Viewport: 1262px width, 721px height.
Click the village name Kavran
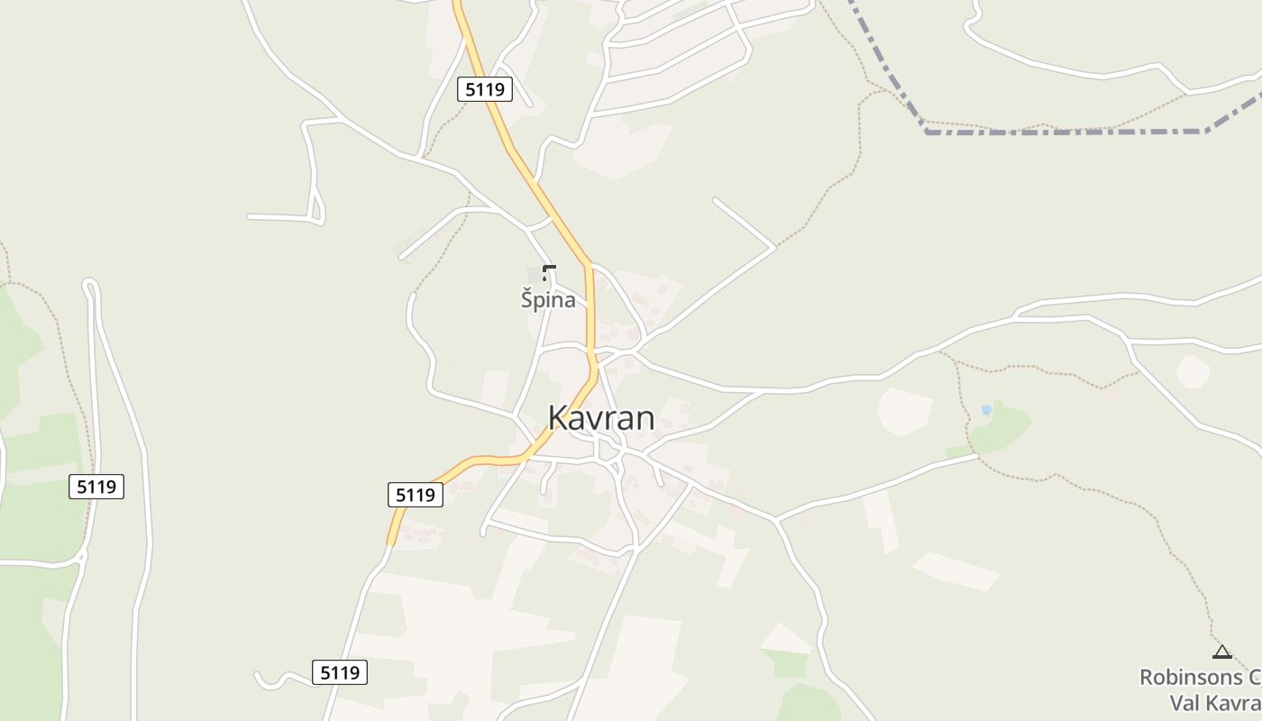pos(601,418)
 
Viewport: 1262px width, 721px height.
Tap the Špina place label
pos(548,300)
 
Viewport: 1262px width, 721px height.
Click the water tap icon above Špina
pos(549,272)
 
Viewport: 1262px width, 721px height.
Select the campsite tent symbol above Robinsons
pos(1222,653)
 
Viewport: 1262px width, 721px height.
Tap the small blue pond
pos(986,410)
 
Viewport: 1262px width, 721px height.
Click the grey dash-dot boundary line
pos(1064,132)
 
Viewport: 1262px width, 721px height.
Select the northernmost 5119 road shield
pos(485,89)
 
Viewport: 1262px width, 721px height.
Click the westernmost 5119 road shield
pos(96,487)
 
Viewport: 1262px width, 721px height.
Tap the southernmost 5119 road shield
pos(340,672)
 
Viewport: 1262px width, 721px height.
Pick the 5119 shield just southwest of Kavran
pos(416,495)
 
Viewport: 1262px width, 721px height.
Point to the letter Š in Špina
pos(527,300)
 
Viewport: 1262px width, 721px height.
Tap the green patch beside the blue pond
pos(1005,428)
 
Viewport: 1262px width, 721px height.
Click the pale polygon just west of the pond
pos(904,411)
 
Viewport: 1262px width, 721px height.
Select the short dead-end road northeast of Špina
pos(744,222)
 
